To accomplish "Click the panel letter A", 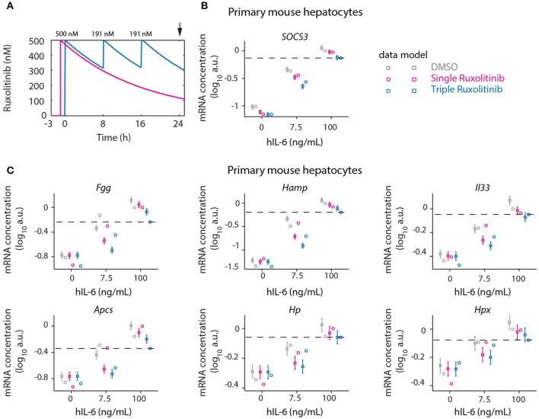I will pyautogui.click(x=11, y=7).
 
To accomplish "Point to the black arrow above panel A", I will pyautogui.click(x=180, y=28).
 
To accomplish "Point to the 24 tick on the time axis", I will pyautogui.click(x=178, y=123).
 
